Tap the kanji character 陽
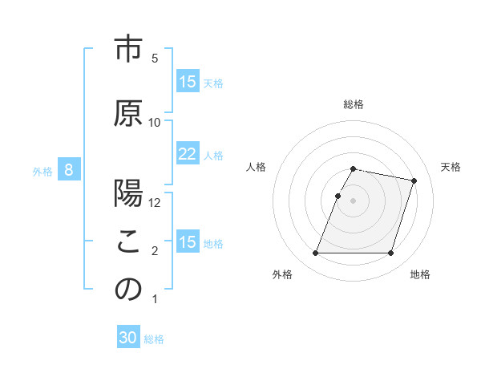click(x=127, y=196)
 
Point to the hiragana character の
click(x=127, y=290)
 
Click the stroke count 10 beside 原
click(x=155, y=122)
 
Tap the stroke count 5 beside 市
click(x=155, y=59)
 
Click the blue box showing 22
click(x=188, y=154)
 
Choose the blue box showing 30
click(x=128, y=338)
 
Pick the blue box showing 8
click(x=69, y=170)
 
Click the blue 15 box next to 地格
click(x=188, y=242)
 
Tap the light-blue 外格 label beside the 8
click(x=42, y=171)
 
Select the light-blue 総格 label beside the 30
click(x=154, y=339)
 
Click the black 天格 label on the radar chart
click(x=451, y=167)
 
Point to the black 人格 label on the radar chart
click(x=257, y=167)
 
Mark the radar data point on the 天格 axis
click(x=414, y=181)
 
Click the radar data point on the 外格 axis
click(x=316, y=253)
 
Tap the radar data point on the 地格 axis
click(x=390, y=253)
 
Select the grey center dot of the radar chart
click(x=354, y=201)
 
